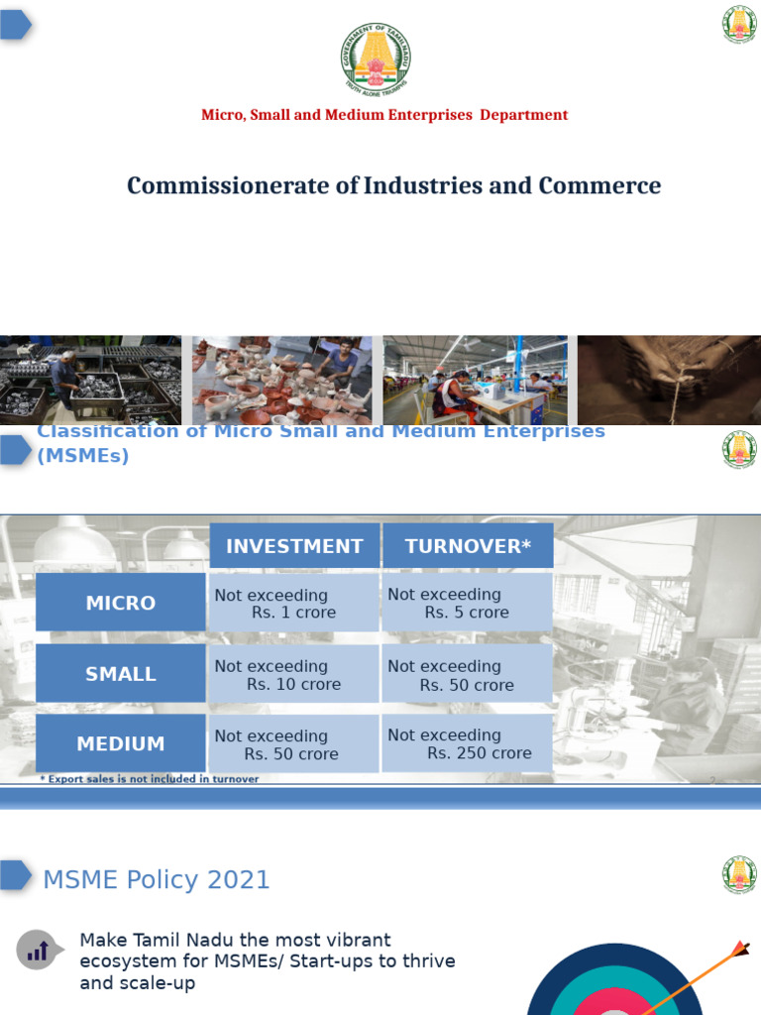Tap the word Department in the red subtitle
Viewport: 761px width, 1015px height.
[524, 115]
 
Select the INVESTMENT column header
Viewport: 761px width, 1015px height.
[294, 546]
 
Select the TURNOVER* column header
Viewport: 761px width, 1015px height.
[467, 546]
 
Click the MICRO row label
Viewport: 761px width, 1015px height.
[121, 603]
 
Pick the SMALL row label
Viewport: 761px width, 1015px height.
[121, 674]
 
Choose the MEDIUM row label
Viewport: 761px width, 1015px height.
[121, 743]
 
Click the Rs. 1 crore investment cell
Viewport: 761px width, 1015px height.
[294, 604]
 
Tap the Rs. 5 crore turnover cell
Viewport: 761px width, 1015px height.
[467, 604]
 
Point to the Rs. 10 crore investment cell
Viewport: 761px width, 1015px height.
[294, 675]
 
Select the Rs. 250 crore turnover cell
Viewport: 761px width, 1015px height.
[467, 743]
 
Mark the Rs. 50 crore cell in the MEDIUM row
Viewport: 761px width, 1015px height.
[294, 744]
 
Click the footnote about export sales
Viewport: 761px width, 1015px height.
[149, 779]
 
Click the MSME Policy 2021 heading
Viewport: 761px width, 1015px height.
[157, 879]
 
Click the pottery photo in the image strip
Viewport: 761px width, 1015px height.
[282, 381]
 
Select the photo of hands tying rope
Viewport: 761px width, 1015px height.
[669, 381]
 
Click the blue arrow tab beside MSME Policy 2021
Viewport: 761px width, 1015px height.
[16, 875]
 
